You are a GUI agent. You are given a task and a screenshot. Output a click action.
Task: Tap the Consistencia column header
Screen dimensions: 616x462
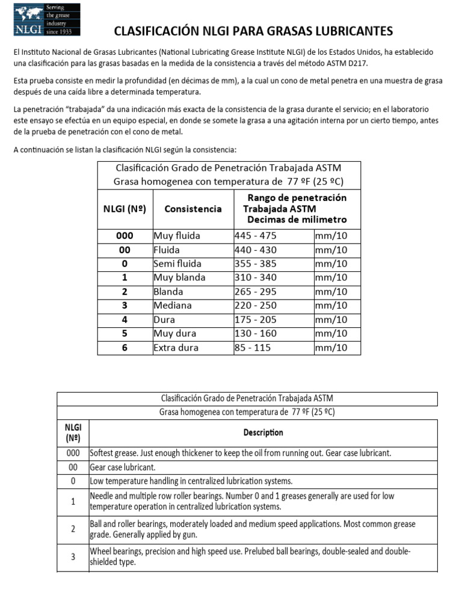[x=192, y=209]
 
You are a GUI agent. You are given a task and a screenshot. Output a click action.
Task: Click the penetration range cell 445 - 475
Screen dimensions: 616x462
[x=253, y=236]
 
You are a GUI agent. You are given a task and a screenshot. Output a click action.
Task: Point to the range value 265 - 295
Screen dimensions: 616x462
[x=253, y=292]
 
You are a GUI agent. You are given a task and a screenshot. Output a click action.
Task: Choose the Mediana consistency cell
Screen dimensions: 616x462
[x=173, y=306]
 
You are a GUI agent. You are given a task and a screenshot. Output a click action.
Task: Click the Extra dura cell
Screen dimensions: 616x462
[x=176, y=348]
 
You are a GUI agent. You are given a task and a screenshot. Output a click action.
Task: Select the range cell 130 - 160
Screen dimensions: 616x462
[x=253, y=334]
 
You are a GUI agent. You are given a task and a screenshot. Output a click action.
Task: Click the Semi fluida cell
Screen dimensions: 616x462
[x=177, y=263]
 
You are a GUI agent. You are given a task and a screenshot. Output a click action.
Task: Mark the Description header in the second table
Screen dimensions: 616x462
[x=263, y=432]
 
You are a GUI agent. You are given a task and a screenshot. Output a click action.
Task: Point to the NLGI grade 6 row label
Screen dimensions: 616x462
[x=125, y=348]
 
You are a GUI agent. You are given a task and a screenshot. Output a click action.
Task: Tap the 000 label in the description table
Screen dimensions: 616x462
[x=72, y=453]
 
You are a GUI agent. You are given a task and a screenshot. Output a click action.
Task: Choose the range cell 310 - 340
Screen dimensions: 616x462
[x=253, y=278]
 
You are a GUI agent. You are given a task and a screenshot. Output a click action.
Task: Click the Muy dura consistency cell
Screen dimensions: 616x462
[x=174, y=334]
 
